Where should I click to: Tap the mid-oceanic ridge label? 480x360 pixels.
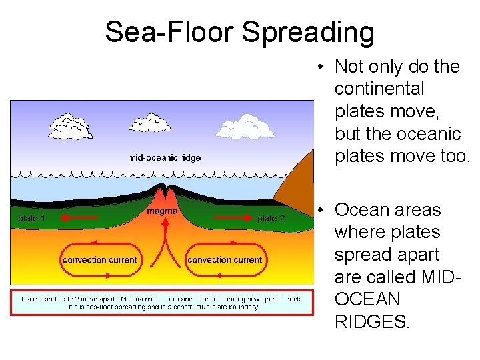(x=164, y=158)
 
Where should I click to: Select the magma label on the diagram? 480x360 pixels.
(x=162, y=211)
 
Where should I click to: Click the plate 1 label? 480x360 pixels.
(x=31, y=219)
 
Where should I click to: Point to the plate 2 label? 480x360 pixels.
(x=271, y=219)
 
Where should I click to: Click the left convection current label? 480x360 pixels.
(x=100, y=259)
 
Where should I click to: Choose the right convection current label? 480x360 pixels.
(x=225, y=259)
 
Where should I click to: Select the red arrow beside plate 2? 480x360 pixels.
(x=227, y=217)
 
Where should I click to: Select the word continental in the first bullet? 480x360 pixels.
(x=379, y=89)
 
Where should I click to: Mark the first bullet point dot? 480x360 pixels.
(x=321, y=67)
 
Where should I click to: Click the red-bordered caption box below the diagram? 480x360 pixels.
(x=161, y=302)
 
